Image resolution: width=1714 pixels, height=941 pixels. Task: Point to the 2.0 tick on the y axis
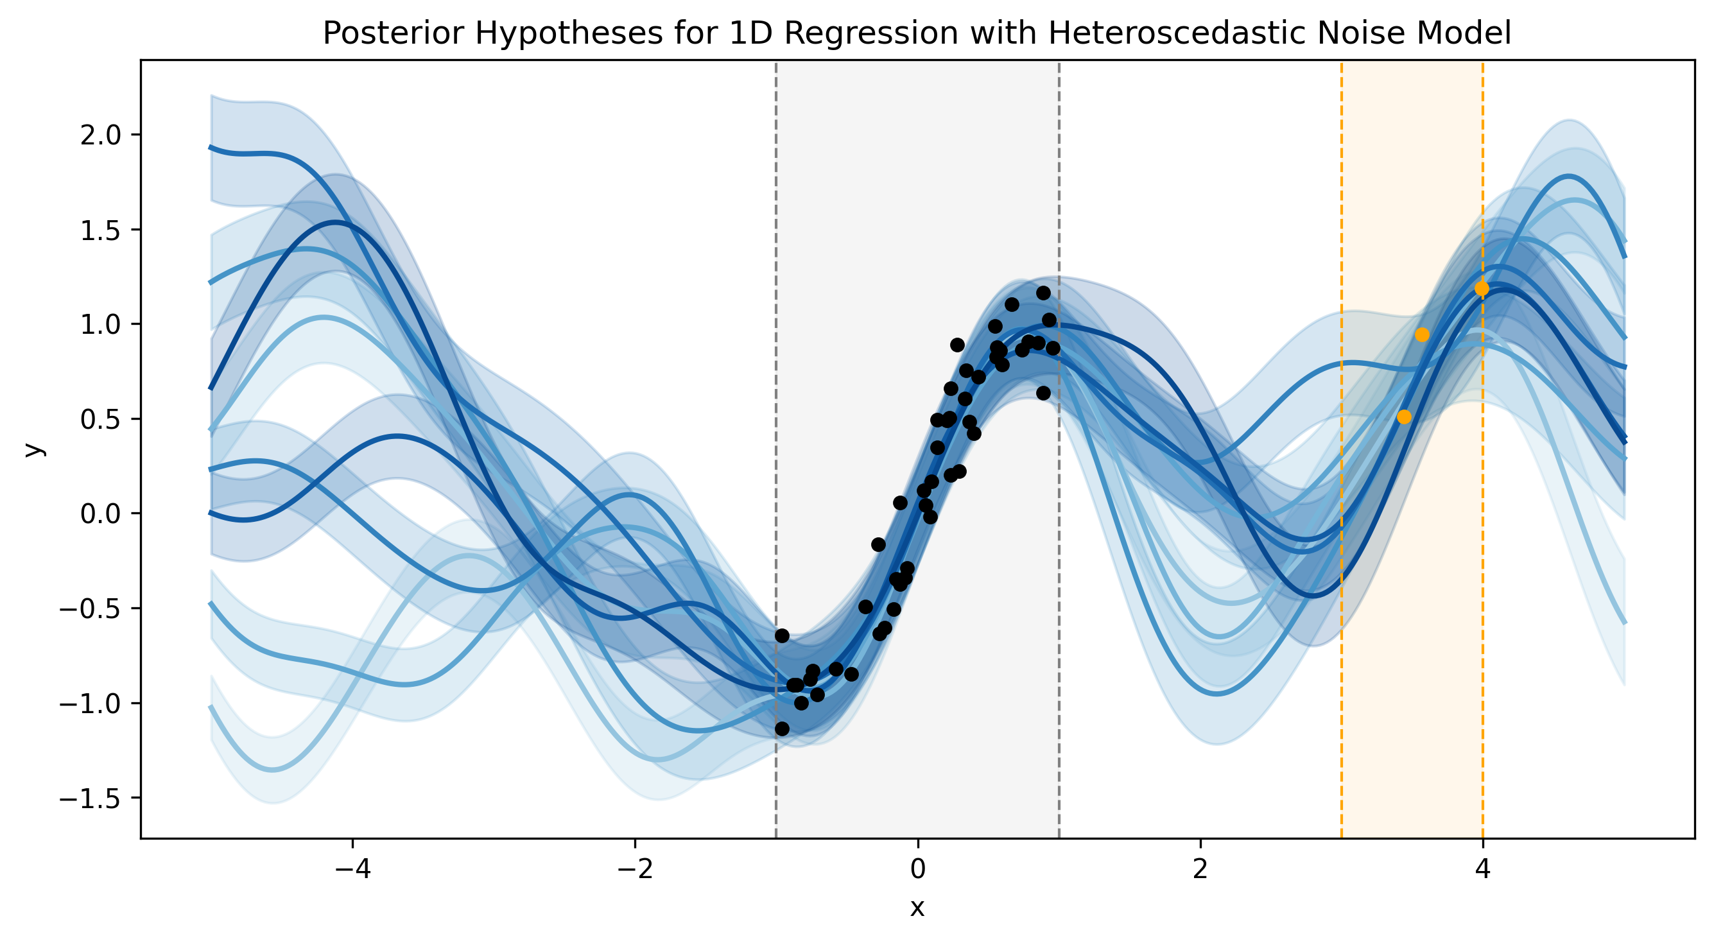coord(101,135)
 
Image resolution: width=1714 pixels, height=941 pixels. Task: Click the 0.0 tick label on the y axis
coord(101,514)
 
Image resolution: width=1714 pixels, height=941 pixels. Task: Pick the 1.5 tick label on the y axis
coord(101,230)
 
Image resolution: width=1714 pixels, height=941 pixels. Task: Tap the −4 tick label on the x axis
coord(352,869)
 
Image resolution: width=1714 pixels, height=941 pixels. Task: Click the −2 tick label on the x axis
coord(635,869)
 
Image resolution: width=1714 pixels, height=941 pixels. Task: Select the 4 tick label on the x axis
coord(1482,869)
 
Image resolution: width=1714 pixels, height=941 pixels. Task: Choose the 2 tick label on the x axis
coord(1200,869)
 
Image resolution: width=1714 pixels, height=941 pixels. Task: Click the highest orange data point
coord(1482,288)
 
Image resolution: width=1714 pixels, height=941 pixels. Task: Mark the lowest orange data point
coord(1404,417)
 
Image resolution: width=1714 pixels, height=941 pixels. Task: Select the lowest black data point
coord(782,729)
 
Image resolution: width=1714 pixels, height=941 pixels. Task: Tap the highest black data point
coord(1043,293)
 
